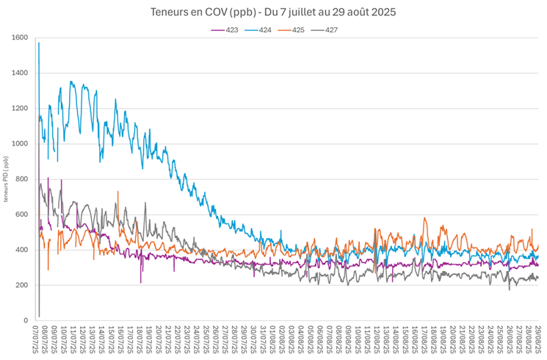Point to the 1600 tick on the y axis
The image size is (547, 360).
pyautogui.click(x=20, y=37)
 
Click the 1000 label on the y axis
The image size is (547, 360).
pyautogui.click(x=20, y=144)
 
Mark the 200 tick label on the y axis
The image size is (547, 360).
pyautogui.click(x=21, y=285)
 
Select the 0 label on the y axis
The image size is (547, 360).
pyautogui.click(x=25, y=320)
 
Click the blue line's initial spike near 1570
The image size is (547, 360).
pyautogui.click(x=39, y=44)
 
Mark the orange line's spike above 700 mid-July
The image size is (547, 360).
pyautogui.click(x=117, y=192)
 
